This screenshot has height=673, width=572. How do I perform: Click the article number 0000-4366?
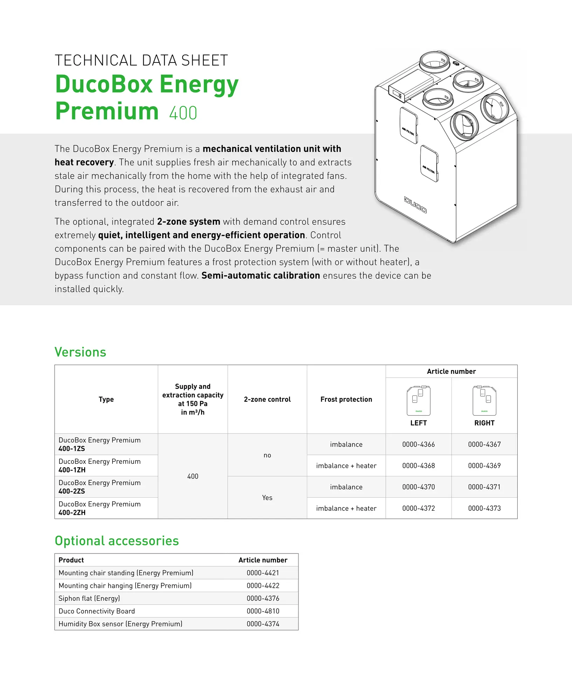pyautogui.click(x=418, y=444)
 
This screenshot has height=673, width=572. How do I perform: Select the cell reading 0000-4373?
pyautogui.click(x=484, y=508)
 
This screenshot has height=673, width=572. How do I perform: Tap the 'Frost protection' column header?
pyautogui.click(x=346, y=399)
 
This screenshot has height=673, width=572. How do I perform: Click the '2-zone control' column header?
pyautogui.click(x=267, y=399)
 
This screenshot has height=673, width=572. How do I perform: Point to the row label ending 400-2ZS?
pyautogui.click(x=99, y=487)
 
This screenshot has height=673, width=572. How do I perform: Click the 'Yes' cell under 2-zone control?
pyautogui.click(x=267, y=497)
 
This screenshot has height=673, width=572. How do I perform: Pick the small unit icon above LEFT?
pyautogui.click(x=419, y=401)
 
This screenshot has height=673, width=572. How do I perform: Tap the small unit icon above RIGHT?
pyautogui.click(x=484, y=401)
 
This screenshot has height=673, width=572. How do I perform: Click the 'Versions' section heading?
pyautogui.click(x=80, y=352)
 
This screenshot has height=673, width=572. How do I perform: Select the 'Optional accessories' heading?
pyautogui.click(x=117, y=541)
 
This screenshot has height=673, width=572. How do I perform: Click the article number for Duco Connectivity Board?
pyautogui.click(x=263, y=611)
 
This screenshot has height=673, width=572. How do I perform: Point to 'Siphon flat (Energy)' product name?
pyautogui.click(x=89, y=598)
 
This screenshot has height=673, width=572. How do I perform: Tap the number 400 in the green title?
pyautogui.click(x=183, y=113)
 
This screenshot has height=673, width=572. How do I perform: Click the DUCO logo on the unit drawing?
pyautogui.click(x=415, y=205)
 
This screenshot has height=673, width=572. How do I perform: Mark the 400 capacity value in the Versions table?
pyautogui.click(x=193, y=476)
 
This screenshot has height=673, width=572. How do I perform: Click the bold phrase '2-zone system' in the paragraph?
pyautogui.click(x=188, y=222)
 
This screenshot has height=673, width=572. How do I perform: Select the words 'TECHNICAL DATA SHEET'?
pyautogui.click(x=141, y=60)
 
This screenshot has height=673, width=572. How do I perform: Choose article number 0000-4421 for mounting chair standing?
pyautogui.click(x=263, y=573)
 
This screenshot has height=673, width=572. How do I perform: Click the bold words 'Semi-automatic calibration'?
pyautogui.click(x=261, y=276)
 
